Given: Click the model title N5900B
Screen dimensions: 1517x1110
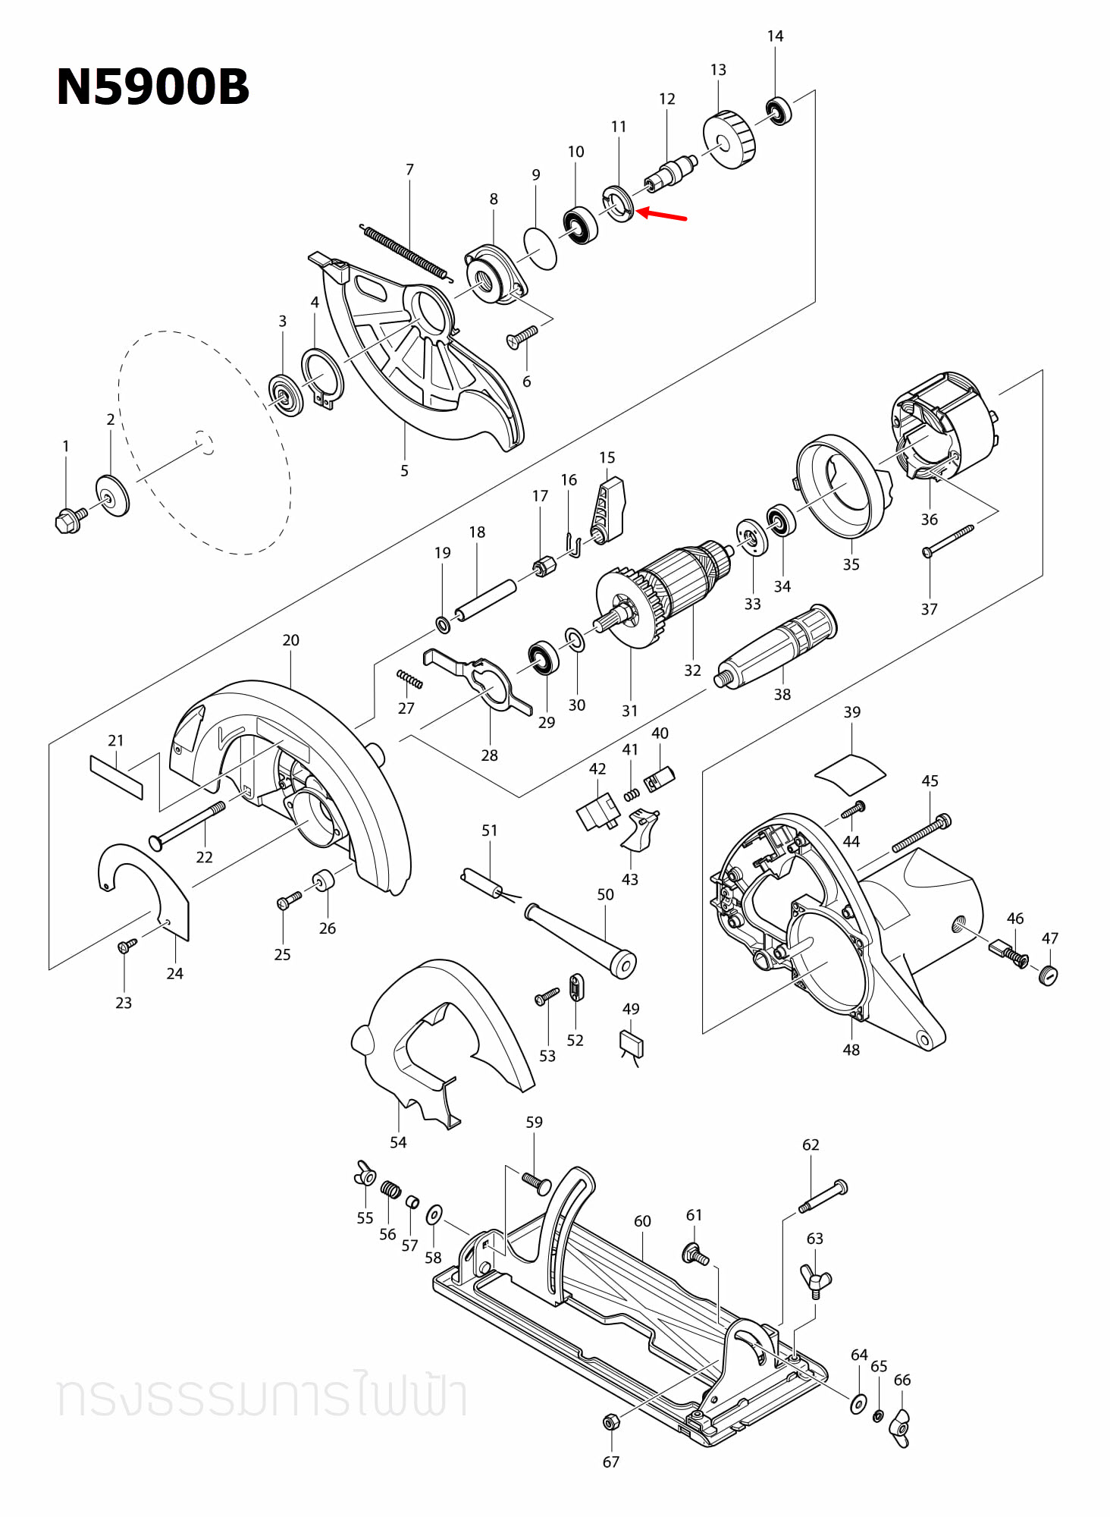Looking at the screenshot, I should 152,87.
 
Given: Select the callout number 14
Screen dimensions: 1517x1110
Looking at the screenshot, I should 775,36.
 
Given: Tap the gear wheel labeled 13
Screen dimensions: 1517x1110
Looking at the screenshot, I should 729,140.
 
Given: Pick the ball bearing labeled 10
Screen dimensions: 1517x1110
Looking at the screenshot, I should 581,225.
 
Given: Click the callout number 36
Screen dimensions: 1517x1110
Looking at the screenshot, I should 929,520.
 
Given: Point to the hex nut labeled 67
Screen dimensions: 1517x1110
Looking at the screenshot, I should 610,1422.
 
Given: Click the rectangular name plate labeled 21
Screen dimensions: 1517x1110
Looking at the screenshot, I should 116,777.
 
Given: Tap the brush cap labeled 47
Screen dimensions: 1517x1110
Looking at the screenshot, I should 1049,975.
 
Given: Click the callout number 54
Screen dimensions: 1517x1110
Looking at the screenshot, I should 397,1142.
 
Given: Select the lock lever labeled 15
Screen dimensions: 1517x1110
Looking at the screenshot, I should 608,510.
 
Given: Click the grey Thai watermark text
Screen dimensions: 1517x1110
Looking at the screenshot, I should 262,1396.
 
